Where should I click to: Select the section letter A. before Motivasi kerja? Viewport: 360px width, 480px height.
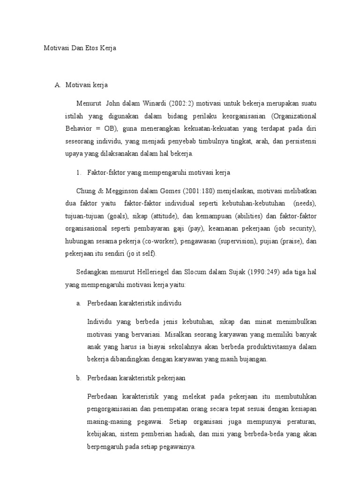(x=58, y=85)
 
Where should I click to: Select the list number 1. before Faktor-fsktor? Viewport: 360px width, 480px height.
(x=79, y=173)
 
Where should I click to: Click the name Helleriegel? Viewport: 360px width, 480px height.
(x=153, y=272)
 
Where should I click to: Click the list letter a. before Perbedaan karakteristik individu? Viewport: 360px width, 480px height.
(x=79, y=303)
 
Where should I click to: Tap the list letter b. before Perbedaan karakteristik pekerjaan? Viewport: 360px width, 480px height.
(x=79, y=378)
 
